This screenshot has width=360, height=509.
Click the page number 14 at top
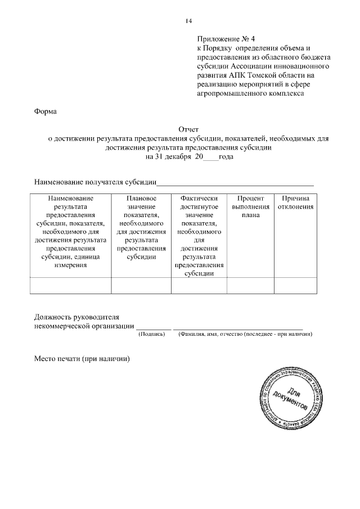(188, 21)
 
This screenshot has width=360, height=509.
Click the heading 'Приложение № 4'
(226, 39)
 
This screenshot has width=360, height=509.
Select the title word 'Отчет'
(188, 130)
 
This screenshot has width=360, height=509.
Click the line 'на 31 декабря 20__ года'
(188, 157)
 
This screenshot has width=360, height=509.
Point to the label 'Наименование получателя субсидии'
(94, 182)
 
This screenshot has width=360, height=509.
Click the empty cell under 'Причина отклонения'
(295, 285)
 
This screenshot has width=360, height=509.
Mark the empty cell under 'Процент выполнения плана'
(250, 285)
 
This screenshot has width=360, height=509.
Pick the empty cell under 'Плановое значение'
(141, 285)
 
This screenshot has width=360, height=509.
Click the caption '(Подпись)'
(151, 334)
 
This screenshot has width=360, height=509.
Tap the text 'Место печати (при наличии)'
(82, 358)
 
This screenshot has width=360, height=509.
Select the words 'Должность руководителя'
(77, 317)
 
